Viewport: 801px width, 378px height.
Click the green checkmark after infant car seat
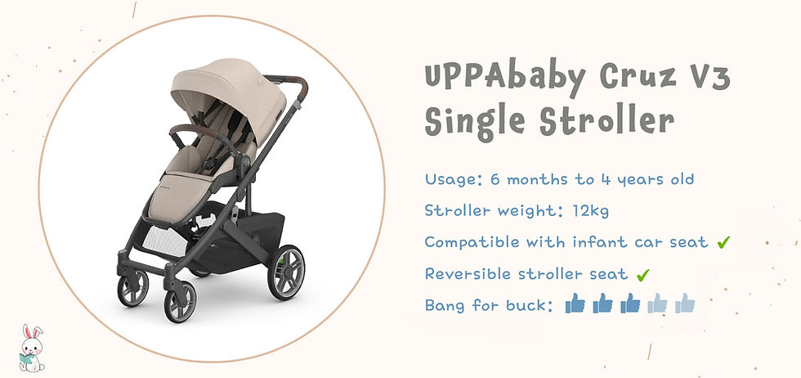723,242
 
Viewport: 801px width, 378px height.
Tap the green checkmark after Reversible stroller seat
642,273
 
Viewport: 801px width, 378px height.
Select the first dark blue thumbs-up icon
575,304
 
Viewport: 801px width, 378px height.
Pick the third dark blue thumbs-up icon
629,304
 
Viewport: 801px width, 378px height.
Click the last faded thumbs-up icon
684,304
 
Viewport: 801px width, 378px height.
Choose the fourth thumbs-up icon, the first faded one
657,304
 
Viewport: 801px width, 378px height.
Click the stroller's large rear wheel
286,272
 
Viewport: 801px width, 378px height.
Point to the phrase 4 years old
651,179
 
